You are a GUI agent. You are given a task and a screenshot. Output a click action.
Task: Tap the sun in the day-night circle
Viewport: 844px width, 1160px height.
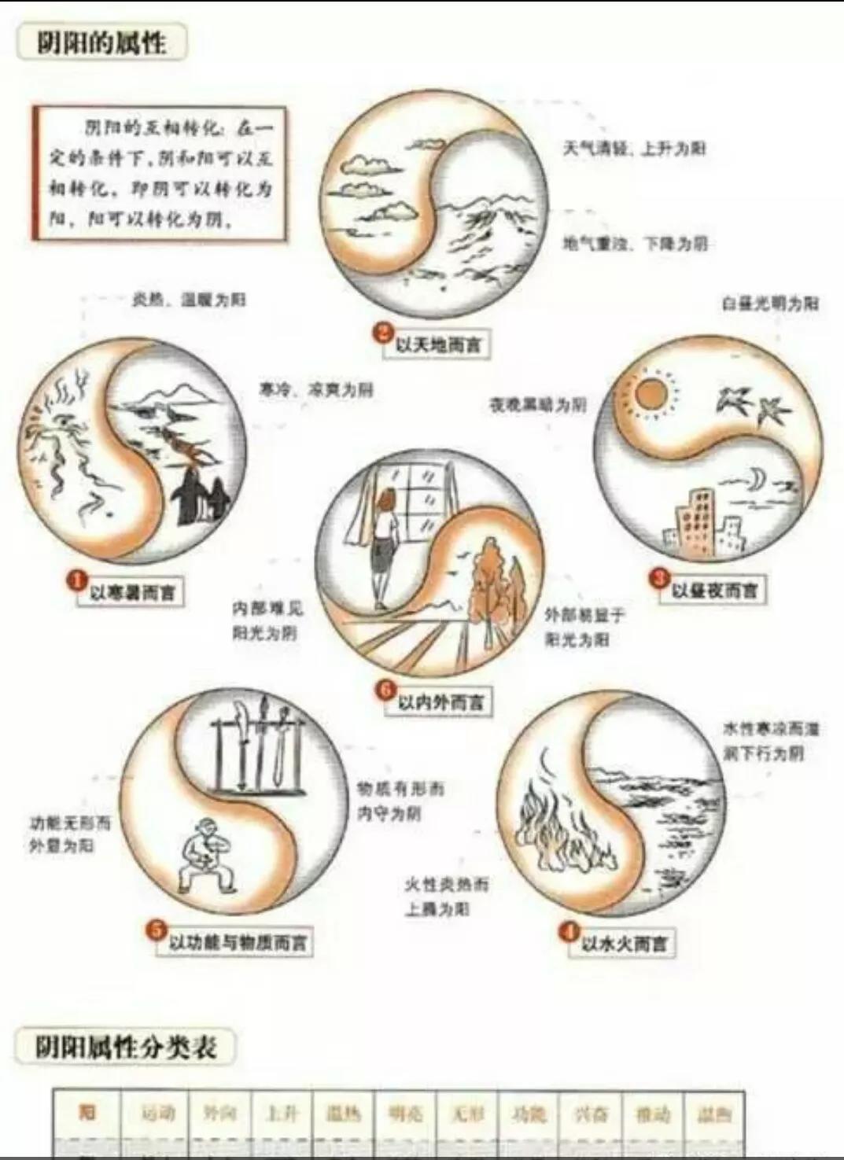tap(651, 392)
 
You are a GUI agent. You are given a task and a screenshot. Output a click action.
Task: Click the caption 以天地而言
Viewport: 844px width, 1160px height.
tap(437, 344)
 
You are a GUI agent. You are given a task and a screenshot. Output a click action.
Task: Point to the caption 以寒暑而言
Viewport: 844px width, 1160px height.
tap(131, 592)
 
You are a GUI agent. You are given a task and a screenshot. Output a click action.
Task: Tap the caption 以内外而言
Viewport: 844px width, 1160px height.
tap(440, 702)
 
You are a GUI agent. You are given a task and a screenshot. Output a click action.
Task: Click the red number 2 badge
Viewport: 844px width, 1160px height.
tap(383, 333)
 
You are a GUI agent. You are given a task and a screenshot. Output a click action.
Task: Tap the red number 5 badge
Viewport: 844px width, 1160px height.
tap(156, 930)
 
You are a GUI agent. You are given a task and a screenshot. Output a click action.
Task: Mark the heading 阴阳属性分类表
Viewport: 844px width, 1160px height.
tap(126, 1047)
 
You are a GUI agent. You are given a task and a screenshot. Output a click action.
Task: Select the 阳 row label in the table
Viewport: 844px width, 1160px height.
tap(87, 1113)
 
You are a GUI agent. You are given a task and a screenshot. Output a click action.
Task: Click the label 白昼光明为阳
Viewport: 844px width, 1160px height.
tap(770, 304)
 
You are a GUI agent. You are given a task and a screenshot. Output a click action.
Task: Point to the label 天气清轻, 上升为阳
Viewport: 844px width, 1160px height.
tap(634, 148)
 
